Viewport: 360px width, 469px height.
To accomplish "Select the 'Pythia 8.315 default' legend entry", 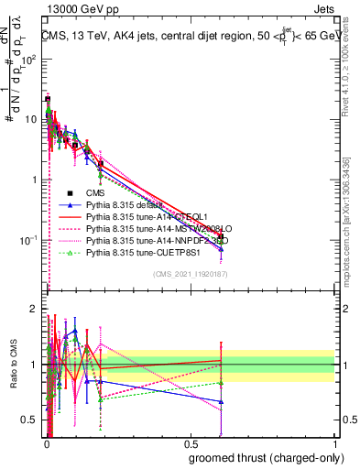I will (132, 205).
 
